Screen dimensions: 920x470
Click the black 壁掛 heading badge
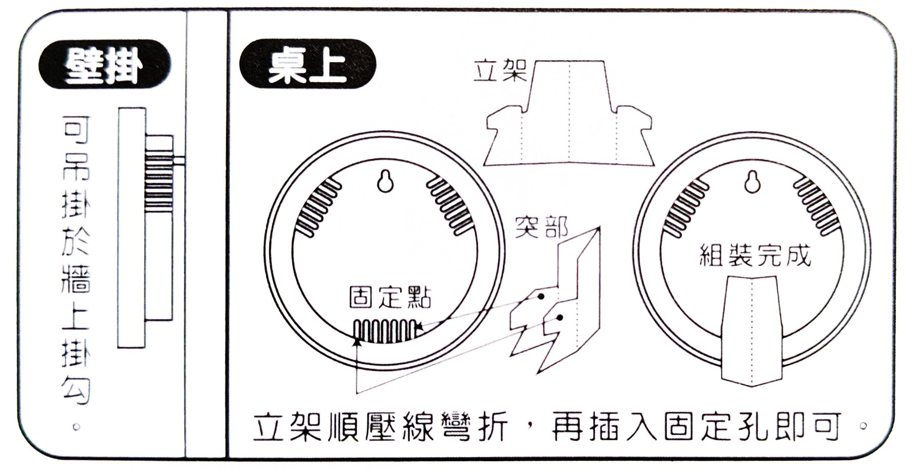coord(104,65)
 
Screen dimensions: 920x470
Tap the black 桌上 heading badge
coord(307,65)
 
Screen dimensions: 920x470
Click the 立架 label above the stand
coord(500,71)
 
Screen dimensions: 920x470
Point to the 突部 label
coord(542,228)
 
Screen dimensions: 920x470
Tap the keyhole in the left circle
coord(386,181)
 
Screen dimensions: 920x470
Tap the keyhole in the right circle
coord(753,181)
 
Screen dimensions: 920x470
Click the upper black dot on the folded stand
coord(541,297)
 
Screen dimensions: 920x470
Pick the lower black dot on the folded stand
coord(560,318)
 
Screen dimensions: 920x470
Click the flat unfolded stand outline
coord(570,113)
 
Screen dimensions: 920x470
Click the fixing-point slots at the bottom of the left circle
coord(386,332)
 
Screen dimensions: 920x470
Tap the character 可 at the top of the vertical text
coord(76,131)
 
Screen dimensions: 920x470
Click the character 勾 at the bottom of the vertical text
coord(76,389)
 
